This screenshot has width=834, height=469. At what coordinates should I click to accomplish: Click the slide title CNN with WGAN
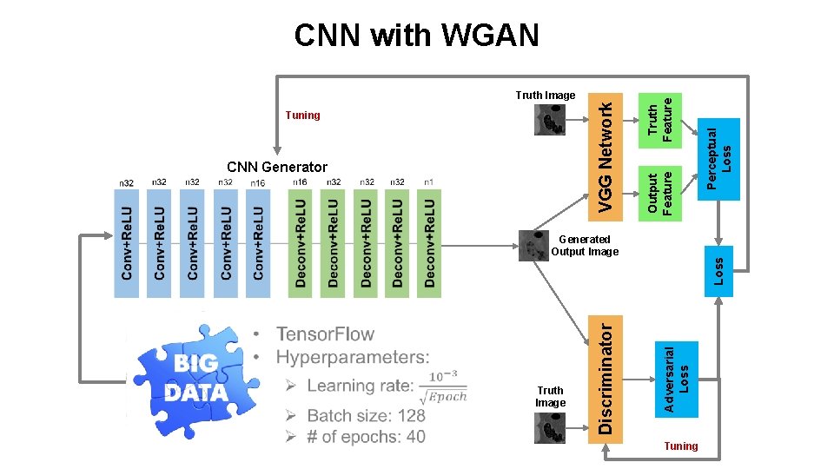tap(416, 36)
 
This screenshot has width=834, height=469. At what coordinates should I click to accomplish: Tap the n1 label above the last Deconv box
tap(429, 182)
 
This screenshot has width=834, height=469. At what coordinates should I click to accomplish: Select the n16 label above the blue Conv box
tap(258, 183)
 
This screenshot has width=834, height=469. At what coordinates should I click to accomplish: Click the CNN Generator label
tap(277, 167)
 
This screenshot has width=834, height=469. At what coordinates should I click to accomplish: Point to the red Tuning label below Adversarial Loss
tap(680, 446)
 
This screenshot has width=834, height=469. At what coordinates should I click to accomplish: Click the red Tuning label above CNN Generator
tap(302, 115)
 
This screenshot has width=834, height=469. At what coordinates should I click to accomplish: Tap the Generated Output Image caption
tap(585, 246)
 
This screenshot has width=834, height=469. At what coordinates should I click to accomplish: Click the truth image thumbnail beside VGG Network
tap(549, 120)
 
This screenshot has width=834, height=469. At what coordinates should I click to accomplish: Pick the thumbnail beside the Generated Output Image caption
tap(533, 246)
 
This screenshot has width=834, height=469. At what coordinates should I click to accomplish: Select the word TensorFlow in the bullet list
tap(325, 334)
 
